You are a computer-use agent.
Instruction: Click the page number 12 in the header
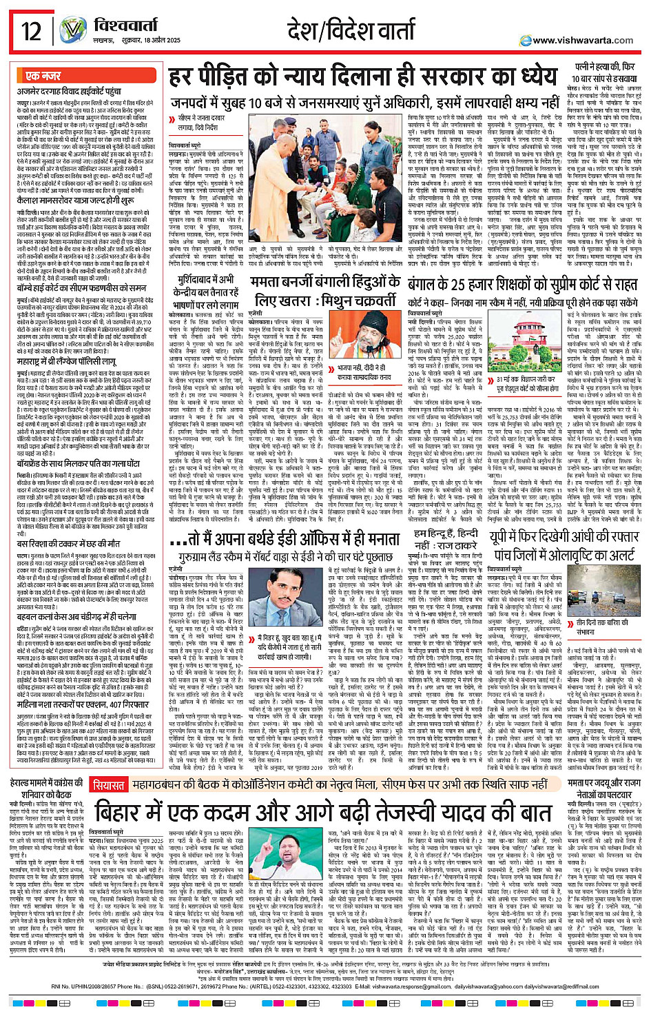coord(31,31)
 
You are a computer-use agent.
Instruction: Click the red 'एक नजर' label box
coord(43,76)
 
